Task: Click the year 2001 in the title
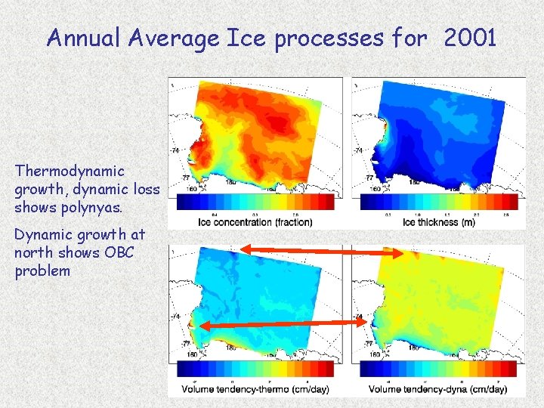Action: [471, 38]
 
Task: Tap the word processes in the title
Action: [329, 38]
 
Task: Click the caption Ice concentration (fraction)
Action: [255, 222]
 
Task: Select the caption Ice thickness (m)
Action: [440, 222]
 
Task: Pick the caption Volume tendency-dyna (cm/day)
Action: [438, 389]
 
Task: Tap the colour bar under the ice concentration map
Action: [256, 202]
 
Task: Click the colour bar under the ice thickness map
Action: [440, 202]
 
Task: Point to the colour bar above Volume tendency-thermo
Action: [256, 369]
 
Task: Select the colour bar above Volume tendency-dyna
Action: [440, 369]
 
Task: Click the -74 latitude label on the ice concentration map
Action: [175, 151]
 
